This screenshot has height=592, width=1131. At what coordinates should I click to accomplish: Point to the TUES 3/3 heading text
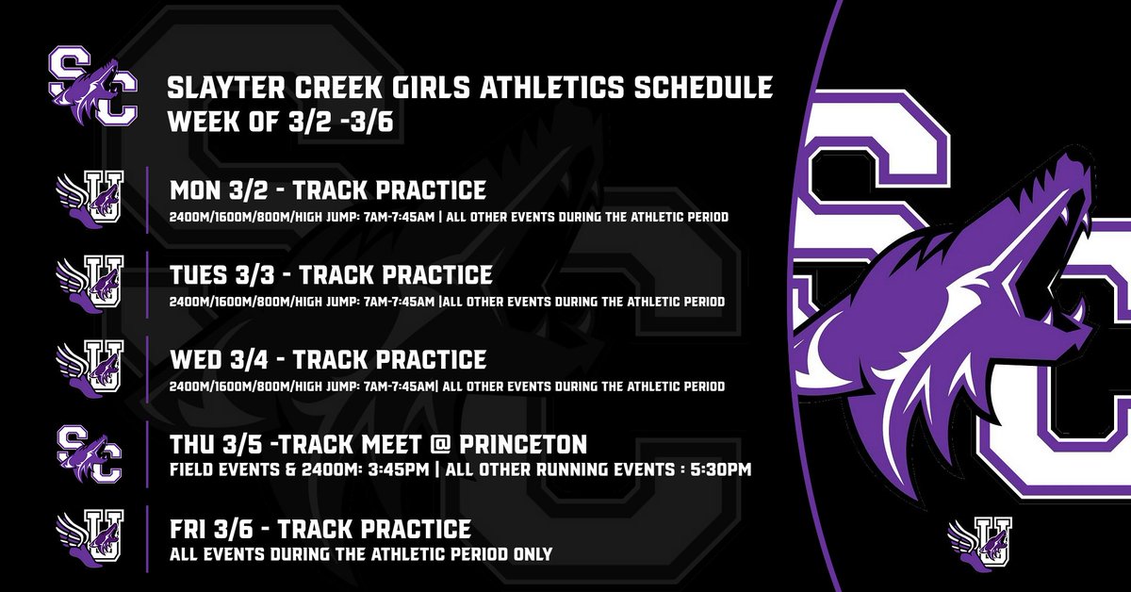tap(222, 275)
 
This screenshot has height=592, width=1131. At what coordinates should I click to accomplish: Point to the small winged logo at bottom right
tap(981, 541)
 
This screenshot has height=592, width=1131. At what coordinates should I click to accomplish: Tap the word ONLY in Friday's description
tap(532, 553)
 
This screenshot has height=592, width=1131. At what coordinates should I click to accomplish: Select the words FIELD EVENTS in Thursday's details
tap(217, 469)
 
